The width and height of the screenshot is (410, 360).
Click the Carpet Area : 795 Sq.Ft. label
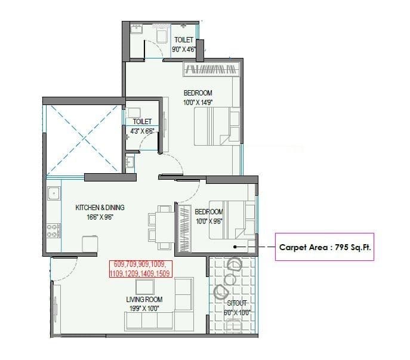[x=326, y=247]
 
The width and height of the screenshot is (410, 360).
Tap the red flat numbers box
[x=141, y=269]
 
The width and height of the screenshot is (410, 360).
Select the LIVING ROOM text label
[x=144, y=299]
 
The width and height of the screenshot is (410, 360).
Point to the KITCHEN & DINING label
[x=100, y=207]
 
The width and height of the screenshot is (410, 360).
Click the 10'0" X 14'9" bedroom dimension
[x=198, y=102]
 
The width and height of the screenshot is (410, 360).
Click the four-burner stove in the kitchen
[x=53, y=230]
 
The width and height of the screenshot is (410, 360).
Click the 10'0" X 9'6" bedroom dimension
[x=209, y=221]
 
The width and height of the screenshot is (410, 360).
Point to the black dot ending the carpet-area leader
[x=236, y=246]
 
